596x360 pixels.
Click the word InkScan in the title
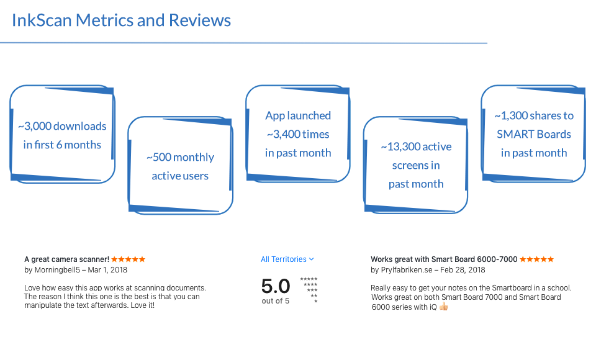coord(42,20)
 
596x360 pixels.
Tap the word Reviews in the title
coord(200,20)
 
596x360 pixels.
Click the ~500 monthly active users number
coord(159,158)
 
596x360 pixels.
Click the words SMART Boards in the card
coord(534,134)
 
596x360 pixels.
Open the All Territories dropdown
coord(287,259)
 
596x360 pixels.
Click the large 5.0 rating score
coord(276,286)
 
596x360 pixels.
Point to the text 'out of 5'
coord(275,301)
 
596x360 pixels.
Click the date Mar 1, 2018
coord(107,270)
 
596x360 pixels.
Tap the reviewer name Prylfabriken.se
coord(407,270)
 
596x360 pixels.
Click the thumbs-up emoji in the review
coord(443,307)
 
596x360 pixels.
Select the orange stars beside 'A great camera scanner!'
coord(128,259)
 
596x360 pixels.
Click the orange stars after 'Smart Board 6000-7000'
coord(536,259)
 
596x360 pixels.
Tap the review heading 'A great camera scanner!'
coord(66,259)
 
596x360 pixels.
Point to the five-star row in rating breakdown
coord(309,279)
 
